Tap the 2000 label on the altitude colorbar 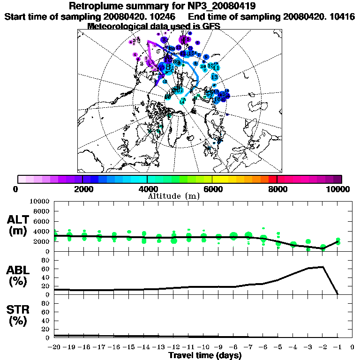(x=82, y=189)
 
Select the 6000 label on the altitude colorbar (x=212, y=189)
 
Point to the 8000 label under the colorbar (x=277, y=189)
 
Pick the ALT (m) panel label (x=19, y=225)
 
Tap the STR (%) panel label (x=19, y=315)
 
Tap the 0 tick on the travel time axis (x=352, y=347)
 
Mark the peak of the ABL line (x=322, y=267)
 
